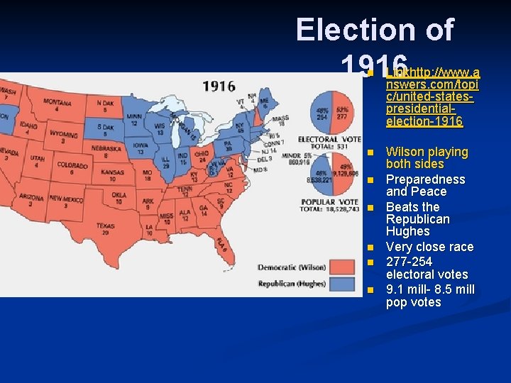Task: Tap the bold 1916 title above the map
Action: coord(219,86)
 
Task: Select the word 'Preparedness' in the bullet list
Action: coord(425,179)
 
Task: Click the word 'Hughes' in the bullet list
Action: coord(407,231)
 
